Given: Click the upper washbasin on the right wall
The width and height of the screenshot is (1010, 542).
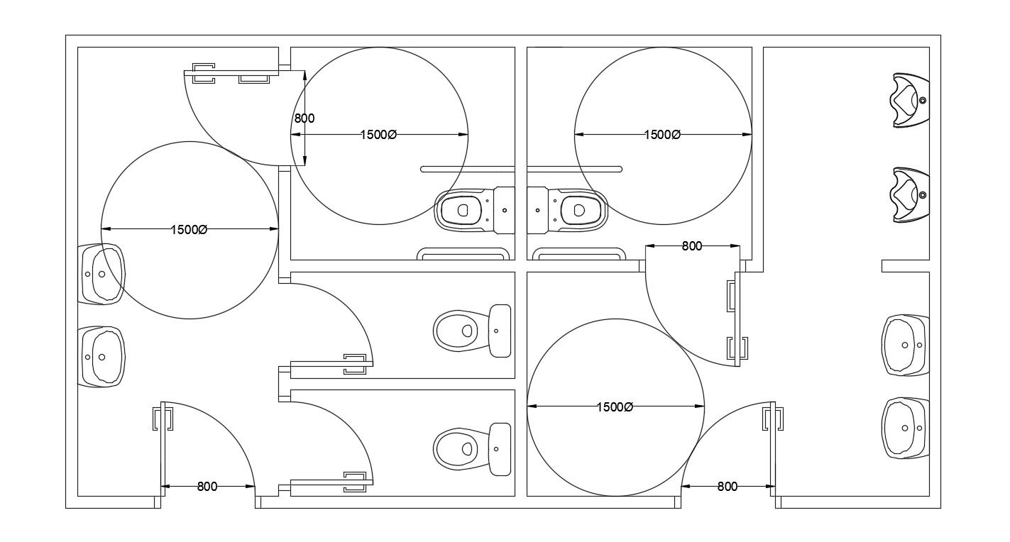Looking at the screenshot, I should click(906, 345).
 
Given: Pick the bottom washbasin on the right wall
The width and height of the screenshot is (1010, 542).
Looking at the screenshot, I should click(906, 428).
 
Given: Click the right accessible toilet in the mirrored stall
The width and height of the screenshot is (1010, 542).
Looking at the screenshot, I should click(568, 210).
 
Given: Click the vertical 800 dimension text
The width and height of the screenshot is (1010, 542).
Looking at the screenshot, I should click(304, 118).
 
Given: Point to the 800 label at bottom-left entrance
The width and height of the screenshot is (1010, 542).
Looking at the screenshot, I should click(207, 487).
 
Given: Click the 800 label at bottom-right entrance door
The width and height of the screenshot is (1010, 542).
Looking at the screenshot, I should click(727, 487).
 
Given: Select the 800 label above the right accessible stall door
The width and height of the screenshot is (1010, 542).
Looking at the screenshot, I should click(691, 246).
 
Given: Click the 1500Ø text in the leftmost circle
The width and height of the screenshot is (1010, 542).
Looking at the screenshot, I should click(189, 229).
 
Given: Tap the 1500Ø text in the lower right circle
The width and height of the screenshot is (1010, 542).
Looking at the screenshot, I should click(615, 406).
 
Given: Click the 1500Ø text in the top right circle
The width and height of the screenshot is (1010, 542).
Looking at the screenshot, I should click(662, 135).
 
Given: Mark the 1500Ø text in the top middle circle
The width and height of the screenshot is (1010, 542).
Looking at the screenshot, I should click(378, 135).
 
